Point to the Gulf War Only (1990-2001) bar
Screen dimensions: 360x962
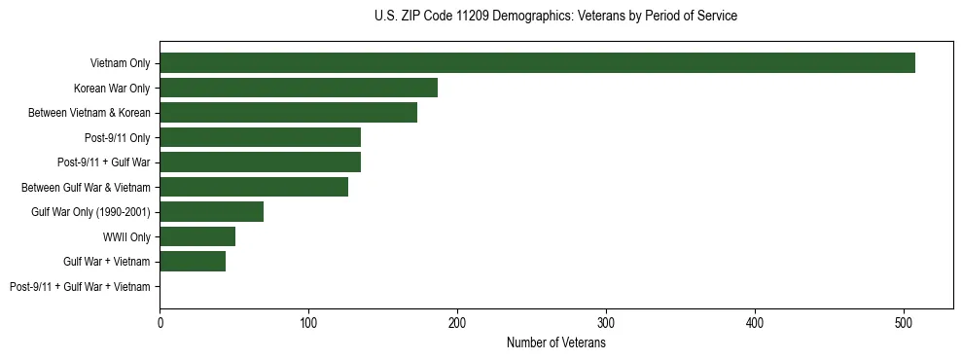pyautogui.click(x=211, y=211)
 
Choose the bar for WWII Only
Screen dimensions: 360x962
pyautogui.click(x=197, y=236)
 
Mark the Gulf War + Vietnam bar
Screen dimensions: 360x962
pyautogui.click(x=193, y=261)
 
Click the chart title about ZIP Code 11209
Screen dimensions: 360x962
pyautogui.click(x=555, y=17)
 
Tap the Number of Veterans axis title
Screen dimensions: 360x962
pyautogui.click(x=555, y=343)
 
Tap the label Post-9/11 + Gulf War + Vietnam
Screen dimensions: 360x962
pyautogui.click(x=80, y=286)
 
